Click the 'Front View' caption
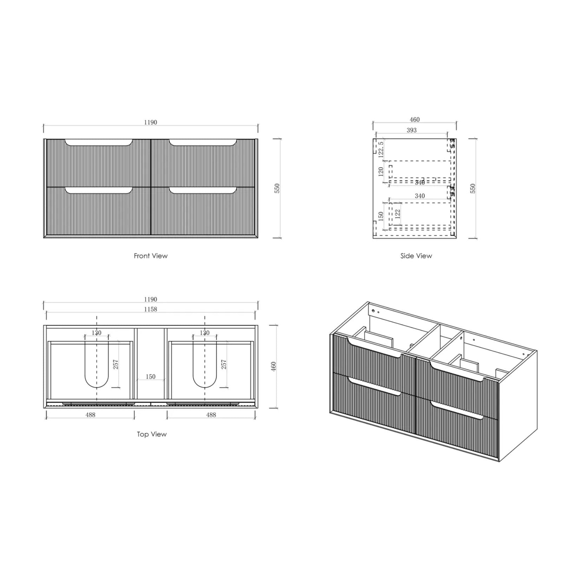click(151, 256)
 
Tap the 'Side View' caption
click(416, 256)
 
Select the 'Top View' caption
click(152, 434)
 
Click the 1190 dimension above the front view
click(150, 122)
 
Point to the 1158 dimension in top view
click(150, 309)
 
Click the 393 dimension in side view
click(411, 130)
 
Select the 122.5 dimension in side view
click(381, 149)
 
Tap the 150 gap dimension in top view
click(150, 377)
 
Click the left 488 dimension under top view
click(90, 415)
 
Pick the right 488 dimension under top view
click(211, 415)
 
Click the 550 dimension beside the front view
click(277, 188)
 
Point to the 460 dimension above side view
click(414, 119)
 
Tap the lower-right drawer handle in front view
click(202, 191)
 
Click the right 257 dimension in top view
click(224, 364)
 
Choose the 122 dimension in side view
click(398, 213)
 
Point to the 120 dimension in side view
click(381, 171)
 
